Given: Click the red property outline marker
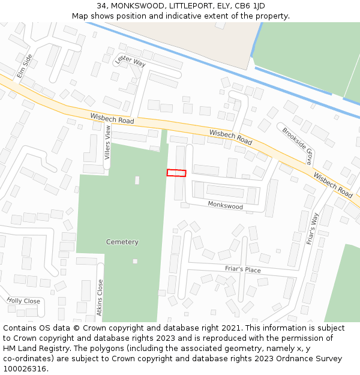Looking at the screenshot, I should (176, 173).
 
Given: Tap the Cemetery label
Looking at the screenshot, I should (122, 242).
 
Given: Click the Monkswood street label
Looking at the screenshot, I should (225, 206).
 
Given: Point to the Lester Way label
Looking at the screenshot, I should (131, 61).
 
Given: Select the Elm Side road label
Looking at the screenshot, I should (25, 66).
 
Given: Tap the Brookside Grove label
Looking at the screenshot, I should (298, 146).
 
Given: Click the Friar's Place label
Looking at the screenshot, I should (243, 270).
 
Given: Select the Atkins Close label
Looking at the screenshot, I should (100, 298).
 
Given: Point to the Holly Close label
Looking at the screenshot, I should (23, 301).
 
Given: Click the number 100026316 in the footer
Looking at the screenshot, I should (25, 368).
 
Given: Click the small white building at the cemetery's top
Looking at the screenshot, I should (137, 180).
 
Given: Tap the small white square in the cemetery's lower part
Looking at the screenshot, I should (135, 261).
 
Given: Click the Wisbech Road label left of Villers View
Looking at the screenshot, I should (112, 119).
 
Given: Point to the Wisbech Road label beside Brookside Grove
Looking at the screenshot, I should (333, 187).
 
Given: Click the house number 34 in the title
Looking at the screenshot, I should (100, 6).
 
